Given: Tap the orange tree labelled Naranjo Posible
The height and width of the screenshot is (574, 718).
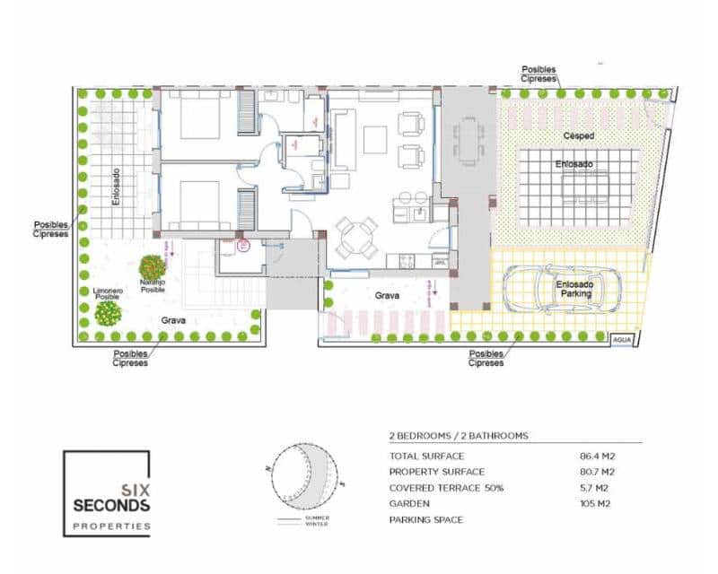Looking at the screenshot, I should point(152,267).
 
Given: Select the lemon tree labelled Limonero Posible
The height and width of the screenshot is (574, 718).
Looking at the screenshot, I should point(109,313).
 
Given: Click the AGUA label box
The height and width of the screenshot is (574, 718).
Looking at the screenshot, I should point(622,341).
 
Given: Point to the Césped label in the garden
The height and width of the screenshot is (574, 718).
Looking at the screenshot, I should point(578,136).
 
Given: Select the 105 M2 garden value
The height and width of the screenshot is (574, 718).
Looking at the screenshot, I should point(597,503).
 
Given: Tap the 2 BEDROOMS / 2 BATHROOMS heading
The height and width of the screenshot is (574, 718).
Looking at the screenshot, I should point(458,436).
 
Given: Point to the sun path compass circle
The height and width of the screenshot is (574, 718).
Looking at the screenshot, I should point(305,473).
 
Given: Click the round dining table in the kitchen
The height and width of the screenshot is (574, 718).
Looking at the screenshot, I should point(356,238).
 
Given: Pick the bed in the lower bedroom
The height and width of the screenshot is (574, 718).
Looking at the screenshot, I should point(199,204).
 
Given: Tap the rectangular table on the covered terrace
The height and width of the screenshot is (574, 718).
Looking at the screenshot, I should point(467,142).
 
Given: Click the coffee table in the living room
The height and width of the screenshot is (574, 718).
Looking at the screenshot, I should point(375,139).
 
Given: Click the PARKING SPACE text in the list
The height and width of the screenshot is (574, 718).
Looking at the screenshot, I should point(426,519).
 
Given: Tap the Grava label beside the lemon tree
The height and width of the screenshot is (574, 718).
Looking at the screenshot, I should point(173,318).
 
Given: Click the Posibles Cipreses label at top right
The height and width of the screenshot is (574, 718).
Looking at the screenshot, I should point(541,74).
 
